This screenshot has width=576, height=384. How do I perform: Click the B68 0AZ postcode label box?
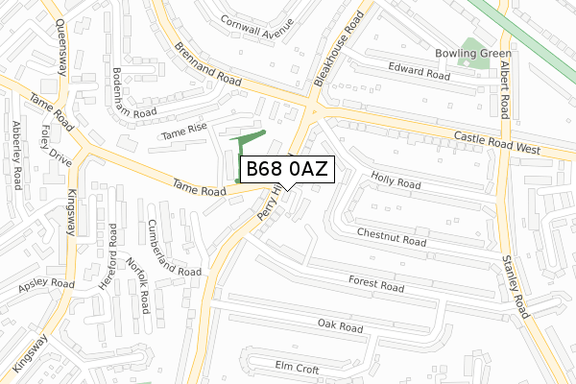pyautogui.click(x=287, y=169)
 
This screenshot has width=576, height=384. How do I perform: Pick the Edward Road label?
pyautogui.click(x=420, y=70)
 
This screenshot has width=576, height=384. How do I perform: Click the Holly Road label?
pyautogui.click(x=396, y=179)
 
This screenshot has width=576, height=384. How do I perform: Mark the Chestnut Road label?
pyautogui.click(x=391, y=237)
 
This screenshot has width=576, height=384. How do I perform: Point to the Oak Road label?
pyautogui.click(x=340, y=327)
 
